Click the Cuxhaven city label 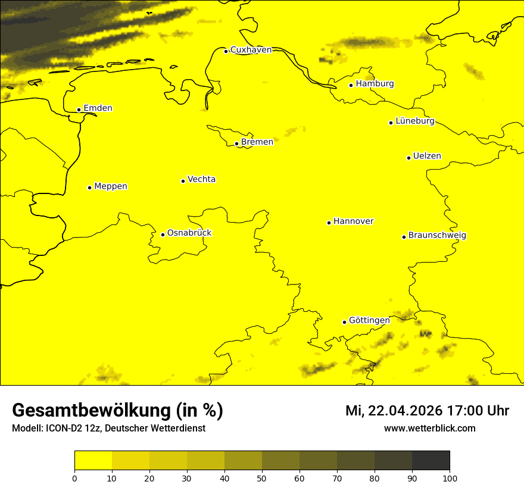[x=251, y=49]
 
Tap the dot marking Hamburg [x=351, y=85]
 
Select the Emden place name [x=98, y=108]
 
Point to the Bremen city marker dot [x=236, y=143]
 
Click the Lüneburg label [x=414, y=121]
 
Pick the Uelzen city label [x=427, y=156]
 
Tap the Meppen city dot [x=89, y=187]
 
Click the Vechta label [x=201, y=179]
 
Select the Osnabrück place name [x=189, y=233]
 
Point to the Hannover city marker [x=329, y=223]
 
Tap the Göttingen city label [x=369, y=320]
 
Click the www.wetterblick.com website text [x=429, y=429]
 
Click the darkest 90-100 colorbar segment [x=431, y=461]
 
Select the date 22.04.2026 [x=403, y=411]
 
